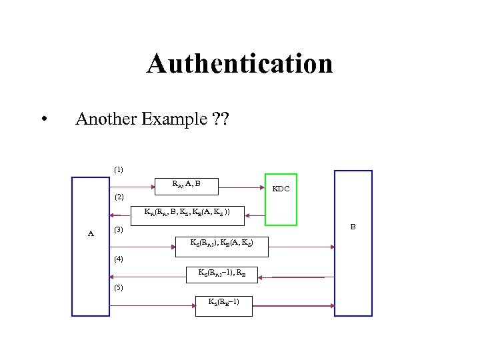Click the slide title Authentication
click(x=239, y=64)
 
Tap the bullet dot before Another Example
click(x=43, y=121)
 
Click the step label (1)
click(x=118, y=169)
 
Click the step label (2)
click(x=118, y=197)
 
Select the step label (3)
click(x=118, y=230)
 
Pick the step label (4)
click(x=118, y=258)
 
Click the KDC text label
click(x=281, y=189)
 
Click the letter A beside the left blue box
click(x=91, y=233)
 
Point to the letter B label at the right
click(x=353, y=227)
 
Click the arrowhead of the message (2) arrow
click(x=113, y=215)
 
